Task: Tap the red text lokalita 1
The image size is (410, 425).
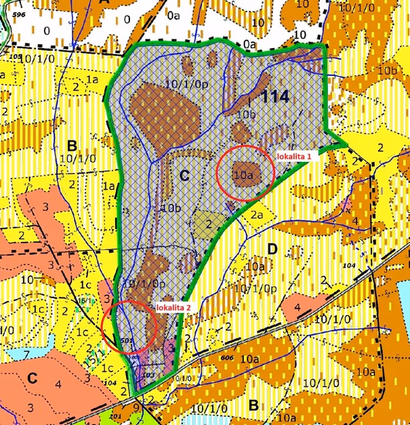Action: (x=295, y=156)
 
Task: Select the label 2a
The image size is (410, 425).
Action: (x=255, y=214)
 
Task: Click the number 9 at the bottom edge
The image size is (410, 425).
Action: (x=136, y=408)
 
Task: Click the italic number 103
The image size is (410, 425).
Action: (x=149, y=374)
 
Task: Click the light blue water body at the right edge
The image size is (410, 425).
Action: (x=404, y=299)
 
